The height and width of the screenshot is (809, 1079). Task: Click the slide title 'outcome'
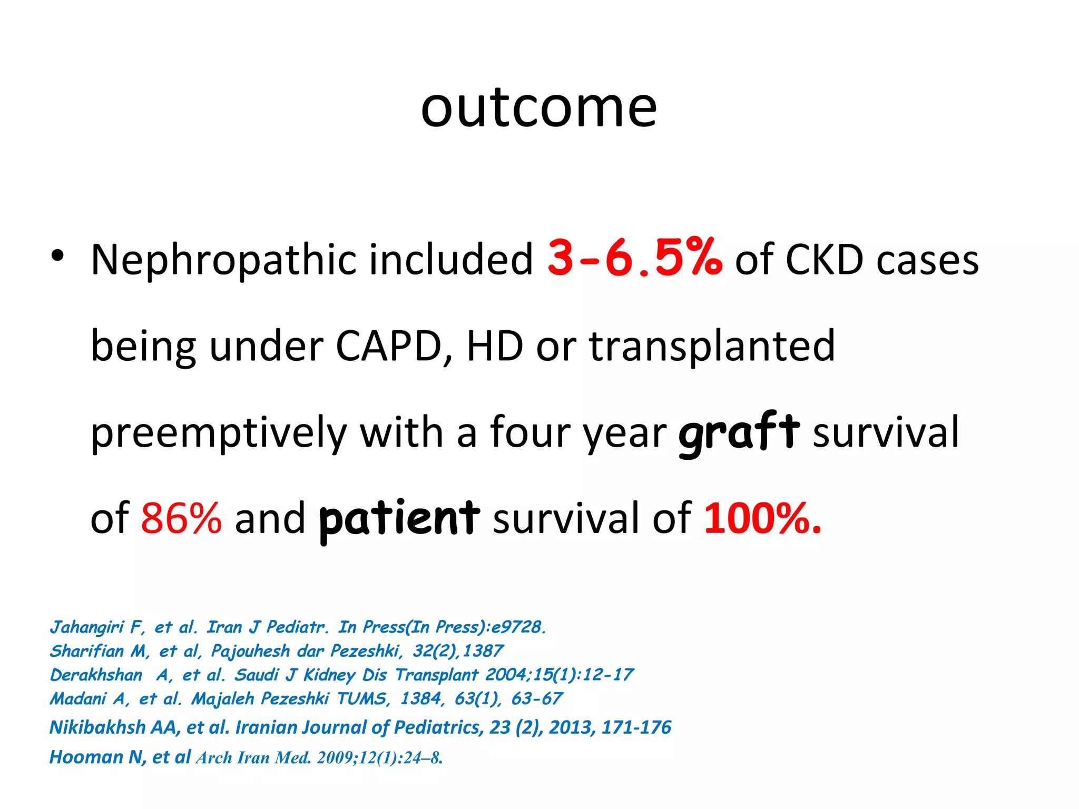[x=538, y=108]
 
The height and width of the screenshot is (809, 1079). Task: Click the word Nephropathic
[x=223, y=260]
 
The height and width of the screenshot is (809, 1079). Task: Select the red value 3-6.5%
[x=634, y=258]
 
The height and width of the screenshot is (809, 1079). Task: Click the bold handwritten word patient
[x=399, y=519]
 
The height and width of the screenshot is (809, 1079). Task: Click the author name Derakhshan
[x=96, y=675]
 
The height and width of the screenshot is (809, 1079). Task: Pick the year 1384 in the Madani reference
[x=420, y=698]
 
